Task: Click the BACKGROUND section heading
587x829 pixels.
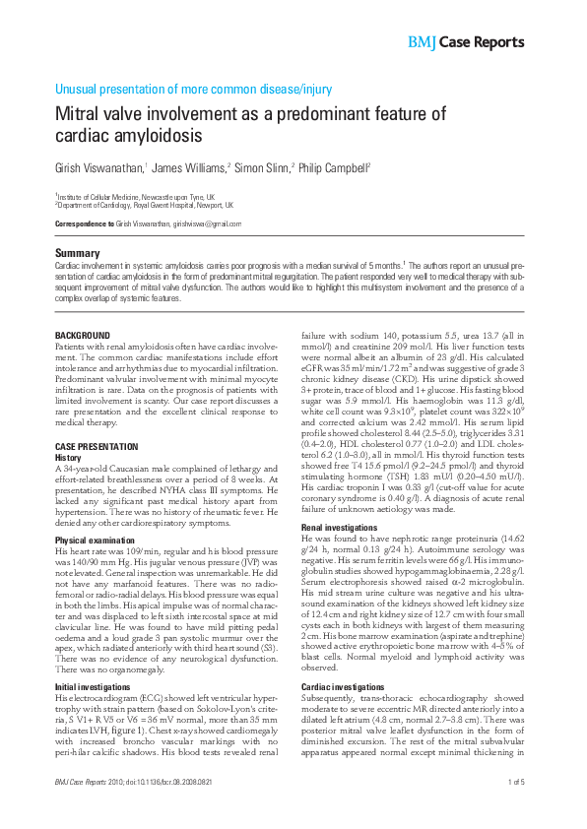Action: (82, 336)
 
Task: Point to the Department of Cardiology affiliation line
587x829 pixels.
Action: (144, 206)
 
